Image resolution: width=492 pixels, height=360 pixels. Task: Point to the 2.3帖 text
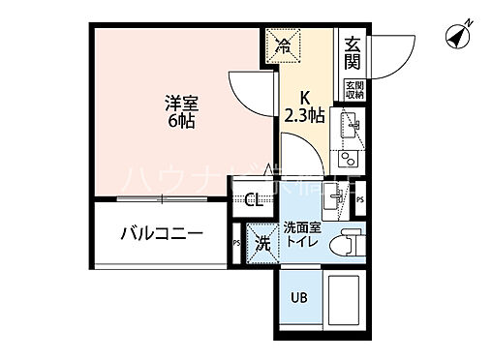303,113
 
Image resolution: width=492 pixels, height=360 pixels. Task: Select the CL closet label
254,201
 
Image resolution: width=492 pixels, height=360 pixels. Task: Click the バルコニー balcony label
161,234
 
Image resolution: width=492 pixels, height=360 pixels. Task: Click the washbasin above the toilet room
338,200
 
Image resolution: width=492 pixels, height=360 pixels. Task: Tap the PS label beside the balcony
236,242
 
